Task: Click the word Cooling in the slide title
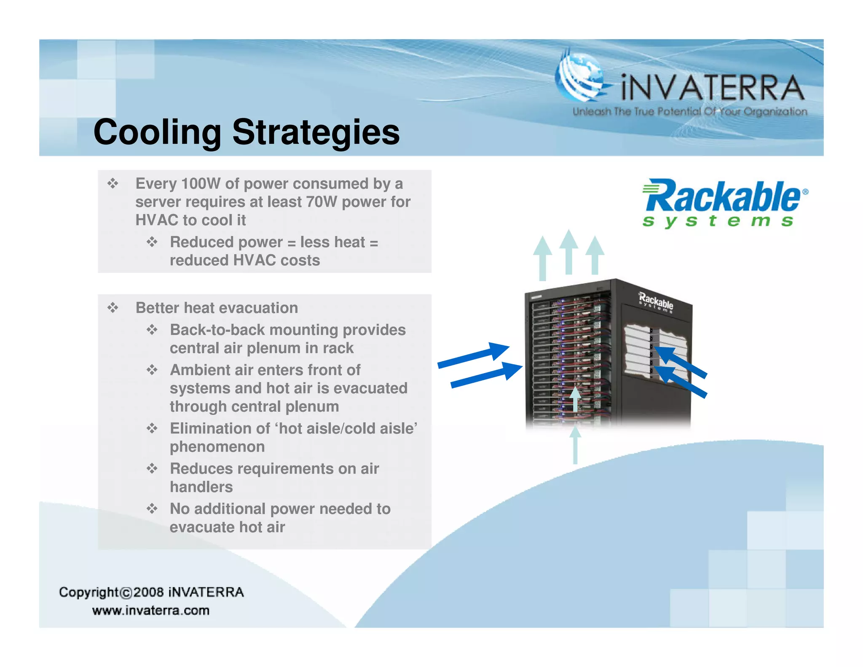pos(157,132)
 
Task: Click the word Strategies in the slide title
pos(316,132)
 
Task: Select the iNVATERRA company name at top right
pos(712,88)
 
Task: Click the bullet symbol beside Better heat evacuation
pos(113,308)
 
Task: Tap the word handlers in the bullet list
pos(201,487)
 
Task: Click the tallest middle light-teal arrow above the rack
pos(569,252)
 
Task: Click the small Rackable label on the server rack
pos(656,301)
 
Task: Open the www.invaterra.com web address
pos(151,611)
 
